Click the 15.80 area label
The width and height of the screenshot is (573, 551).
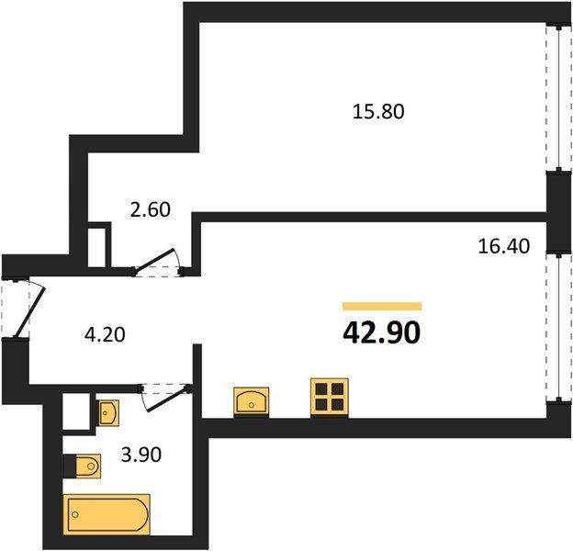pyautogui.click(x=378, y=111)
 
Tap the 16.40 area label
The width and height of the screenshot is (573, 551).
pyautogui.click(x=504, y=246)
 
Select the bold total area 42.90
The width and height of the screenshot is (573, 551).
pyautogui.click(x=382, y=333)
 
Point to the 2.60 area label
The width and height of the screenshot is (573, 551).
pyautogui.click(x=151, y=209)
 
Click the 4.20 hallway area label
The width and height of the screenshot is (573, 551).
pyautogui.click(x=105, y=334)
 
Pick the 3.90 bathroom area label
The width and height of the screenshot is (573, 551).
pyautogui.click(x=141, y=455)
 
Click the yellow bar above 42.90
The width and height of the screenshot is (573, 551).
pyautogui.click(x=382, y=306)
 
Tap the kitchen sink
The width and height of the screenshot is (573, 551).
pyautogui.click(x=252, y=402)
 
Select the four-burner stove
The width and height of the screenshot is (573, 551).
pyautogui.click(x=330, y=398)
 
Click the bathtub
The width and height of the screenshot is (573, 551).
pyautogui.click(x=107, y=514)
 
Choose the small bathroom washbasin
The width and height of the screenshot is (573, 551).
pyautogui.click(x=108, y=413)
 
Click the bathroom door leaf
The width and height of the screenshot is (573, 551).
pyautogui.click(x=167, y=399)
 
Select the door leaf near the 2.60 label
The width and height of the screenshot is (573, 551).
pyautogui.click(x=154, y=260)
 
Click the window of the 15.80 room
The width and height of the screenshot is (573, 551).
pyautogui.click(x=558, y=98)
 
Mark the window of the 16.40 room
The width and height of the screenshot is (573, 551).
pyautogui.click(x=558, y=327)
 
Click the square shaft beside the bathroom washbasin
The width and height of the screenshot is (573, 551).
pyautogui.click(x=76, y=411)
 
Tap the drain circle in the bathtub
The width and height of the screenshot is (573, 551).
pyautogui.click(x=75, y=515)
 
